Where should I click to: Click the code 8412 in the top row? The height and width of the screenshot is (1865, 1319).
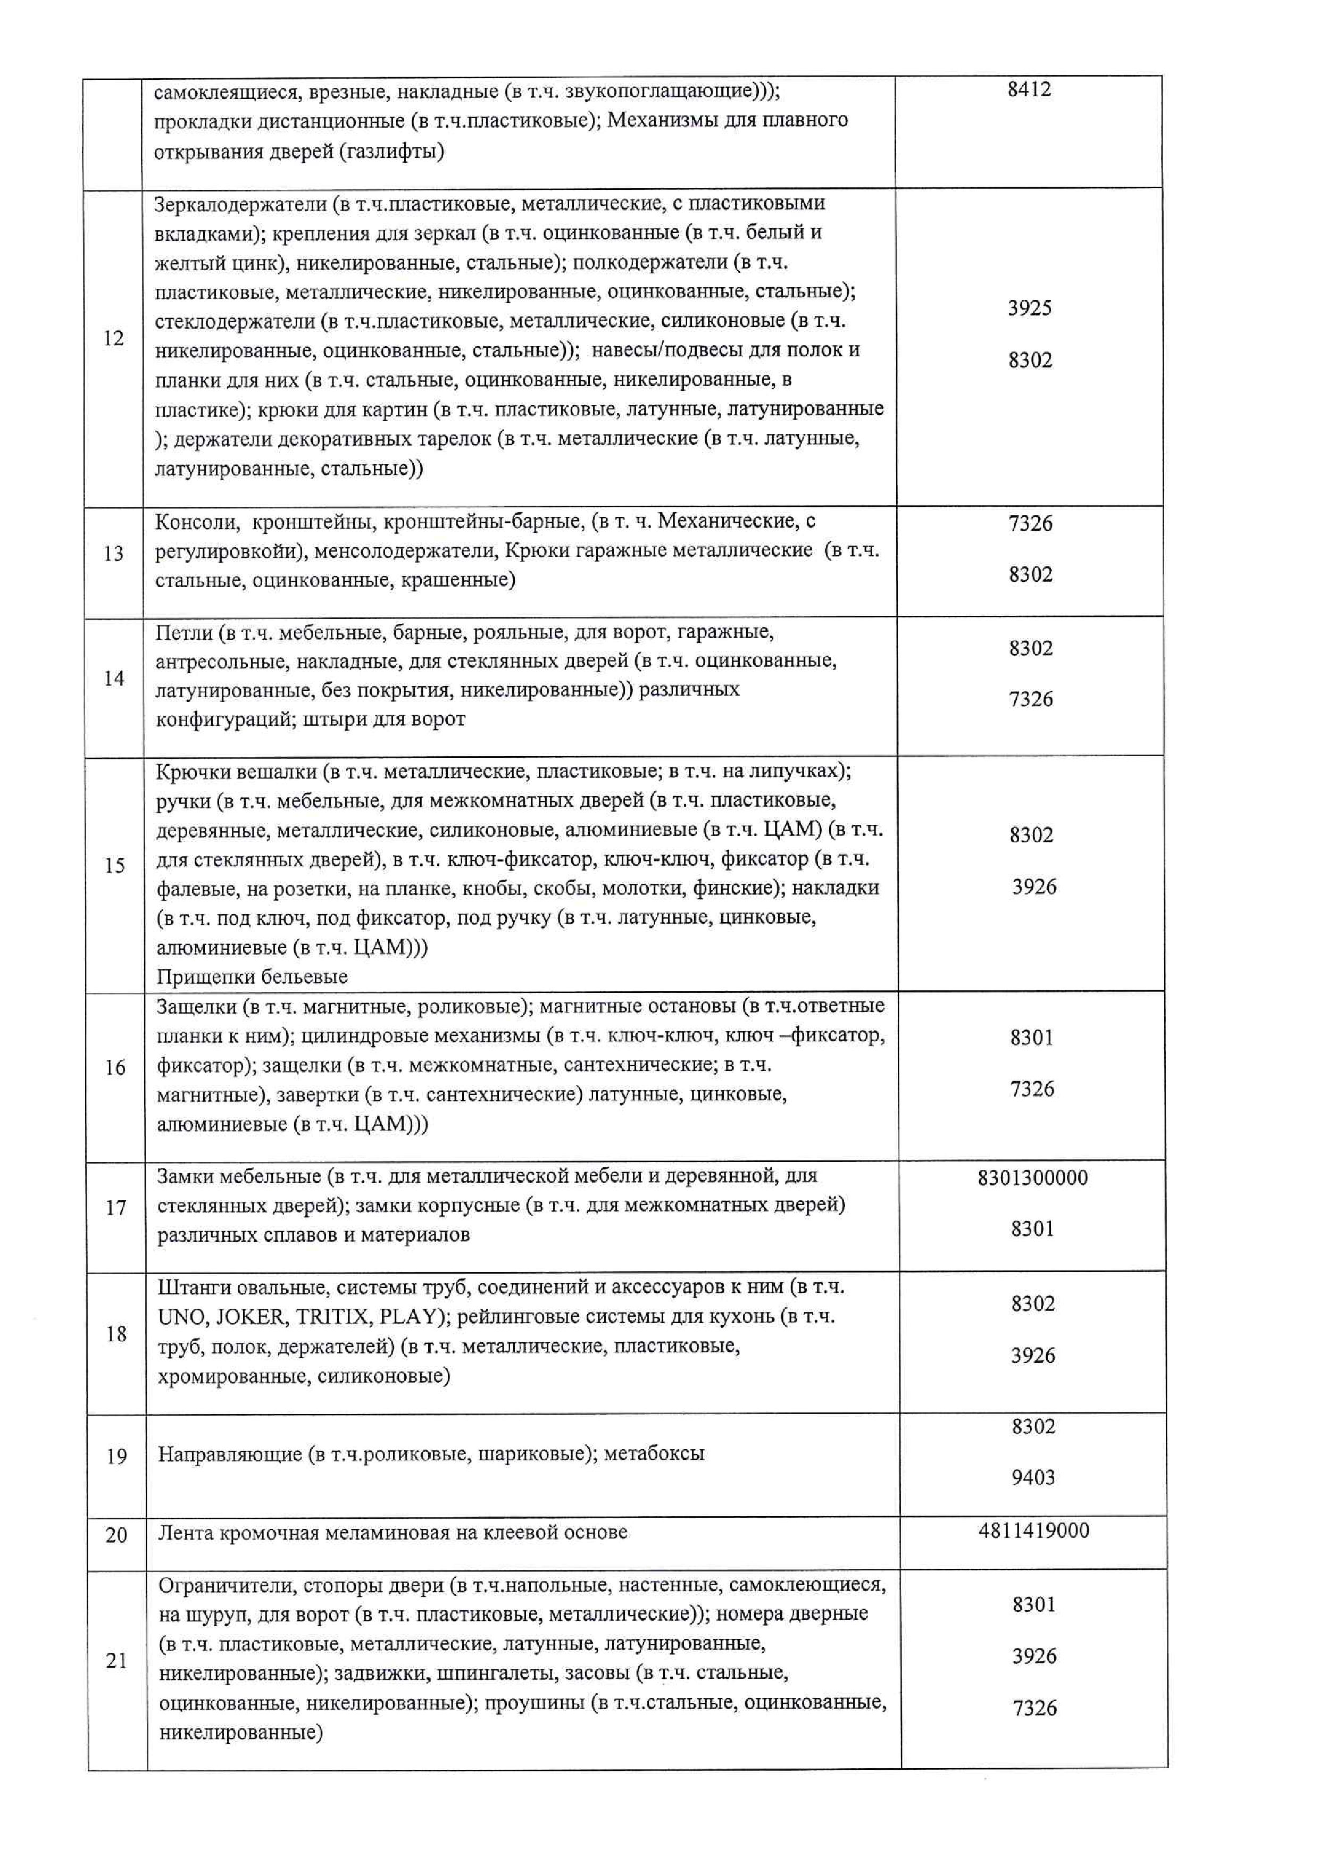(1029, 89)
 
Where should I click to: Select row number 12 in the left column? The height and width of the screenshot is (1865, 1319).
(114, 338)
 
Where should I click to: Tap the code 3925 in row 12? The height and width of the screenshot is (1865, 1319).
(1029, 308)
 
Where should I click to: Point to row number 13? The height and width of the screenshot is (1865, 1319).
(114, 553)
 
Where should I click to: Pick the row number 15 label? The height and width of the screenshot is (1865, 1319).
(114, 865)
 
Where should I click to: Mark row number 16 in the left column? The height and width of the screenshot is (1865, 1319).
(115, 1067)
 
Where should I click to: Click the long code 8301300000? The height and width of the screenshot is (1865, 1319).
(1032, 1177)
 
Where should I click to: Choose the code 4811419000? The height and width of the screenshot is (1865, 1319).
(1034, 1531)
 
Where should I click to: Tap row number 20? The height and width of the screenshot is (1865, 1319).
(116, 1534)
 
